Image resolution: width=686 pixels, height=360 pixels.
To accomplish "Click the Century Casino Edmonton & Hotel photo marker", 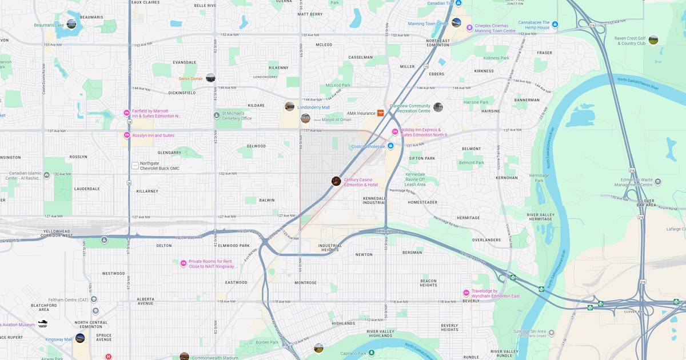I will [336, 181].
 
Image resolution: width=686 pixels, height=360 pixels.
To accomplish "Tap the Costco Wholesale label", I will [368, 146].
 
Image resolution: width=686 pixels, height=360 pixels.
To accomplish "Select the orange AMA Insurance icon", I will [381, 113].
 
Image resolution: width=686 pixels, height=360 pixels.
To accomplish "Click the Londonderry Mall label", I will [313, 107].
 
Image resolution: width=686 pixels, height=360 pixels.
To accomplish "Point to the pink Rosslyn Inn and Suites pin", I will [127, 135].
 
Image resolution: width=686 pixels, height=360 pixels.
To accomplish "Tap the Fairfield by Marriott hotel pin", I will [127, 113].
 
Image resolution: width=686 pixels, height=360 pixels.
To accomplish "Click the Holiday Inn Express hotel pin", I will [394, 133].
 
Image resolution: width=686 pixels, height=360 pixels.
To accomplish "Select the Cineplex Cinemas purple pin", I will [469, 27].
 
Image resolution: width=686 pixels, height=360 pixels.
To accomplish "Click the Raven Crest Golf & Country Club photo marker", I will [653, 40].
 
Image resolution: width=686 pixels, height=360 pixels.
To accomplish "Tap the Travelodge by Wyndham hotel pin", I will [466, 293].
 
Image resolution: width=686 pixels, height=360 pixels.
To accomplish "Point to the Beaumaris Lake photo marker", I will [71, 24].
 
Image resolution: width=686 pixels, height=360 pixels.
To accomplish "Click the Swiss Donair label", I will [190, 78].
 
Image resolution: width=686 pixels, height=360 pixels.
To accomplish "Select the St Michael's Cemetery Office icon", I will [217, 115].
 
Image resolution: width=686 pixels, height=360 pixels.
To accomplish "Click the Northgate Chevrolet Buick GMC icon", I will [135, 166].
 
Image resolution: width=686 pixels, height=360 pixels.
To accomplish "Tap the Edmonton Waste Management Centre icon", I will [658, 182].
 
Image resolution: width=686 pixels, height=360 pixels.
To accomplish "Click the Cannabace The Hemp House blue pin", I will [555, 24].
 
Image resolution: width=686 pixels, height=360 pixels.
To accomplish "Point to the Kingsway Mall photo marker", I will [80, 338].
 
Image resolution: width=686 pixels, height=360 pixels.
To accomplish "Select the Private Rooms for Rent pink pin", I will [184, 263].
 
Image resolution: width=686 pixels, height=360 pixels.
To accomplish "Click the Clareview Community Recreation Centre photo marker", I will [438, 107].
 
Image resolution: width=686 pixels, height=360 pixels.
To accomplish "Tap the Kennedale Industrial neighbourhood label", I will [374, 200].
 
